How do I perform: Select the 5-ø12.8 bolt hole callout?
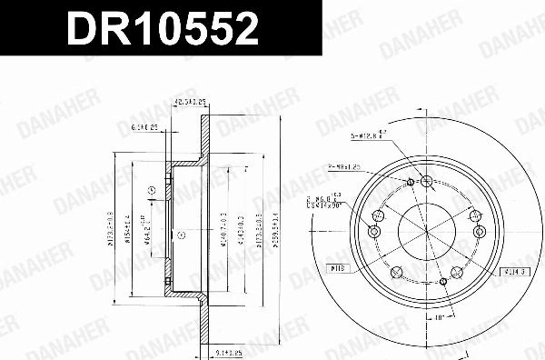point(368,136)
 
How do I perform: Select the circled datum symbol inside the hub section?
point(181,235)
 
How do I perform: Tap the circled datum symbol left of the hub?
point(151,190)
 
